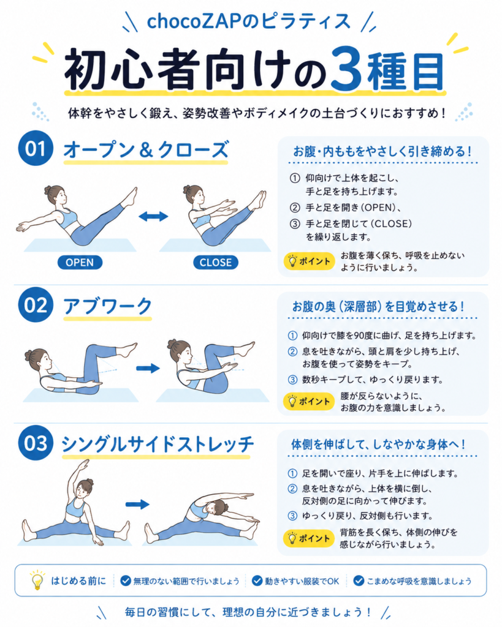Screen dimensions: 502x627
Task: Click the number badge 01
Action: click(36, 148)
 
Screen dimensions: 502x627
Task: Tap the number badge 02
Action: click(36, 305)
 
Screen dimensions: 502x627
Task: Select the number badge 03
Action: click(36, 443)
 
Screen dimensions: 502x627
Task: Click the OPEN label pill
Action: click(80, 262)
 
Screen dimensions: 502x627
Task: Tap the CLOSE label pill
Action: click(216, 262)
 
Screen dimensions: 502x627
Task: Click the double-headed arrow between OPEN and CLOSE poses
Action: click(153, 216)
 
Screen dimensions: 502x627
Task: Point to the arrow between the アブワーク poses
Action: click(148, 368)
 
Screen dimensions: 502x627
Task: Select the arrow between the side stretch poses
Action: click(137, 505)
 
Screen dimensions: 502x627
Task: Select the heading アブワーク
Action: click(108, 306)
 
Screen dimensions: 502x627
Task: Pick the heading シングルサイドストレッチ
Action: click(158, 444)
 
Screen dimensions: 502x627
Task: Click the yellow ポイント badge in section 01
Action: click(309, 261)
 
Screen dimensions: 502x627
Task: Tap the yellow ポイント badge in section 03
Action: click(309, 538)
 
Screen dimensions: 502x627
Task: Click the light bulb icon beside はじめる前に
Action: click(37, 580)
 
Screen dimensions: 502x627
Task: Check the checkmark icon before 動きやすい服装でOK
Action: click(257, 580)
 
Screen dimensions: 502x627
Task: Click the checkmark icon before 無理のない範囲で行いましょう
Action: click(126, 580)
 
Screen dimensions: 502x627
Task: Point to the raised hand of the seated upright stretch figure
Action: click(84, 464)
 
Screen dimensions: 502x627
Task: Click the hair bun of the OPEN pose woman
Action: click(48, 189)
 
